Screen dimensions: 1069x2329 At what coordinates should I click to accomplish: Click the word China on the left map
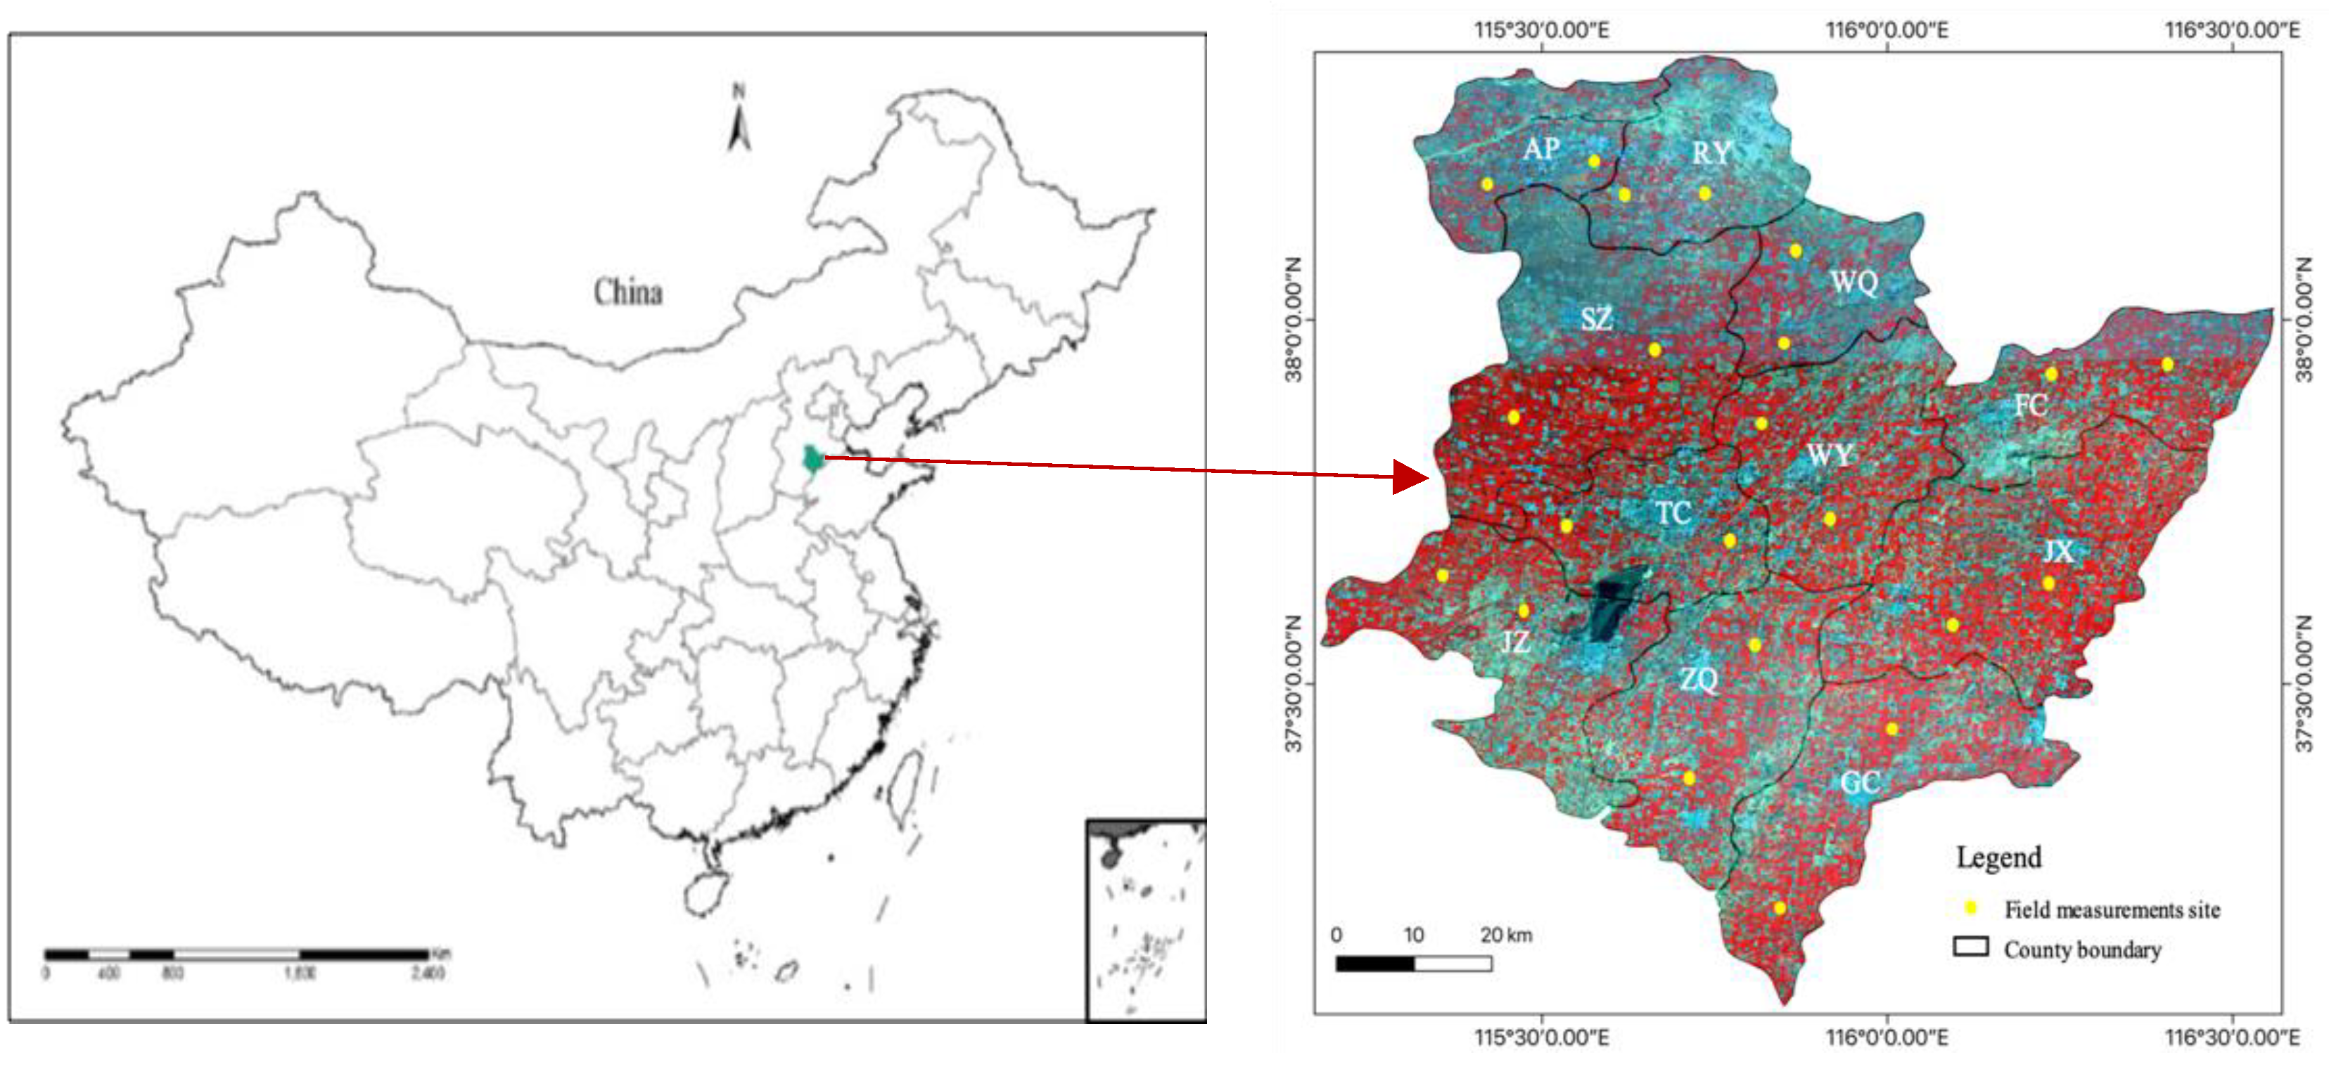[x=627, y=292]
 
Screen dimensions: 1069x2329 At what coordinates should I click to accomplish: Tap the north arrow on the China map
[x=739, y=119]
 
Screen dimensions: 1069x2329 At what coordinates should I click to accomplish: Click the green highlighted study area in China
[x=814, y=460]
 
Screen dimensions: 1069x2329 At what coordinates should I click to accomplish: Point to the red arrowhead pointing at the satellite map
[x=1410, y=477]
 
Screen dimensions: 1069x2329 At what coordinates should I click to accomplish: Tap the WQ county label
[x=1854, y=283]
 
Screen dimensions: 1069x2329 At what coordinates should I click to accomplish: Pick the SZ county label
[x=1597, y=319]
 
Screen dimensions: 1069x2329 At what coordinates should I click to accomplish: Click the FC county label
[x=2031, y=406]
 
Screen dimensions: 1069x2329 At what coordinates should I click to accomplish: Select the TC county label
[x=1673, y=513]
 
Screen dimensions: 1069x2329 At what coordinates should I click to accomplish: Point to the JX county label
[x=2059, y=551]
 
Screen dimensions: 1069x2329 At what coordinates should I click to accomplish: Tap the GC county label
[x=1861, y=782]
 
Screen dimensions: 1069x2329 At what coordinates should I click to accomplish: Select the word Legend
[x=1999, y=857]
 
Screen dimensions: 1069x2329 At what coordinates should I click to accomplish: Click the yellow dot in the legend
[x=1971, y=907]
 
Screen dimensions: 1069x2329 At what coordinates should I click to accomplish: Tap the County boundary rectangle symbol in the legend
[x=1971, y=946]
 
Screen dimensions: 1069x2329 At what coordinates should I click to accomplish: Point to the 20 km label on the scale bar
[x=1506, y=935]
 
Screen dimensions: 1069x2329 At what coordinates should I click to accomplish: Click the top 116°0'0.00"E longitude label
[x=1887, y=30]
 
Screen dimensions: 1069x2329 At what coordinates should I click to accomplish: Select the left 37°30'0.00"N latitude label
[x=1295, y=683]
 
